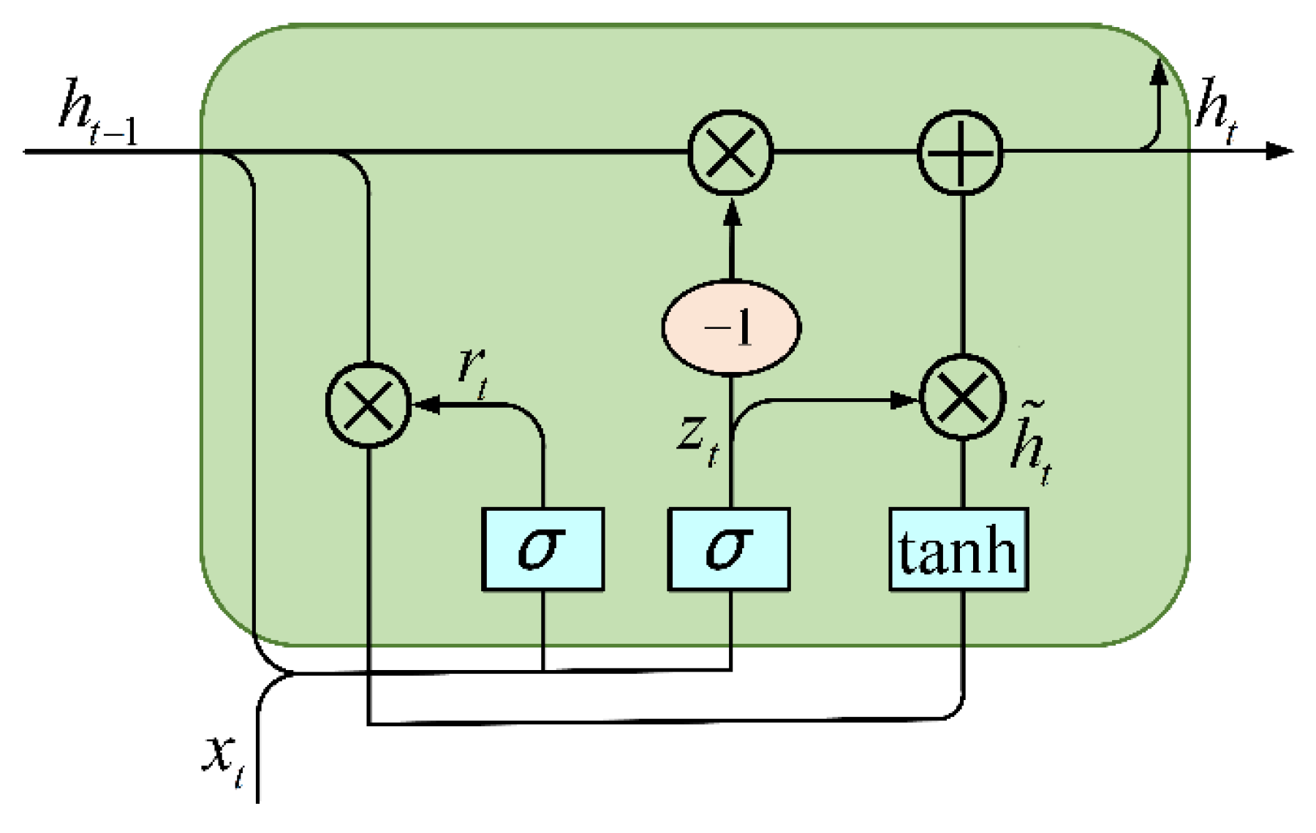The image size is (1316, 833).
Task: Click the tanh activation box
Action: point(958,549)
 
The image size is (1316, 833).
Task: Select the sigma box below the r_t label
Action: point(542,549)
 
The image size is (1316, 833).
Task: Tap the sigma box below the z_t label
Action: point(729,549)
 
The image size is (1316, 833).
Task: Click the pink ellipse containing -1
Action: point(731,327)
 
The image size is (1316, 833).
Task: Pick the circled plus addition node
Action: point(960,153)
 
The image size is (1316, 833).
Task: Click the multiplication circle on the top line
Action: point(730,153)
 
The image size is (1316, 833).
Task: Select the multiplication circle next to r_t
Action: point(368,404)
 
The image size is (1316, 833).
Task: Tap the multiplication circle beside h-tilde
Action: point(962,398)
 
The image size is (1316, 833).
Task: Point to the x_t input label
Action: point(223,760)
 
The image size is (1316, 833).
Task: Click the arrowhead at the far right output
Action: point(1279,151)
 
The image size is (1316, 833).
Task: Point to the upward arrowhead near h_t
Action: point(1159,71)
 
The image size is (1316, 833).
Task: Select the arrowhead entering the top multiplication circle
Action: point(731,212)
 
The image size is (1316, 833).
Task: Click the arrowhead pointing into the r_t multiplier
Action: point(427,404)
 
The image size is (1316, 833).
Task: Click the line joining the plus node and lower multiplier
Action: point(962,274)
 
